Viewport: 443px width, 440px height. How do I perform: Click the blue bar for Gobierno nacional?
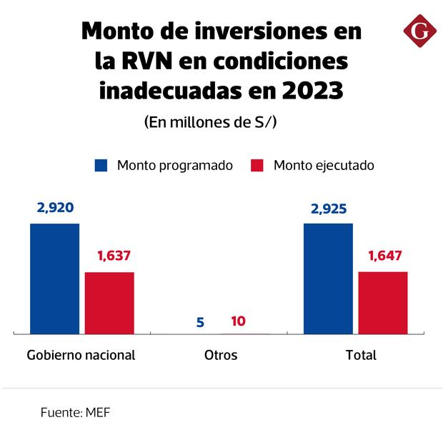(x=54, y=278)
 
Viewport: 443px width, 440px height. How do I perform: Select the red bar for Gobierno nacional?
(x=109, y=302)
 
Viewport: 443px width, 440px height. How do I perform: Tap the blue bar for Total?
(x=328, y=278)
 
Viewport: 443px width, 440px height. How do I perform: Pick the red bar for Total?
(x=383, y=302)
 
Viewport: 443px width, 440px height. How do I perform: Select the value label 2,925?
(x=329, y=209)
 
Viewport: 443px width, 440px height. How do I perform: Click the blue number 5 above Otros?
(x=200, y=322)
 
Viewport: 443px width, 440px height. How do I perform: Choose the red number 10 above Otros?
(x=239, y=321)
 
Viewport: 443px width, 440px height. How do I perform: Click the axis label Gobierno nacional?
(x=81, y=355)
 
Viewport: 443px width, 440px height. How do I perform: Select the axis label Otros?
(x=221, y=355)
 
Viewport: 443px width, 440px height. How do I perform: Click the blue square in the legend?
(x=101, y=165)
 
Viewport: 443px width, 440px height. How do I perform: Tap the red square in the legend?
(x=258, y=165)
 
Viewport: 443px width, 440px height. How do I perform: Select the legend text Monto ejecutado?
(x=324, y=165)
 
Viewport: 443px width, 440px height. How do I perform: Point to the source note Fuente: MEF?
(x=75, y=412)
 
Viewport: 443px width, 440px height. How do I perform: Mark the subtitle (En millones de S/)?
(x=211, y=121)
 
